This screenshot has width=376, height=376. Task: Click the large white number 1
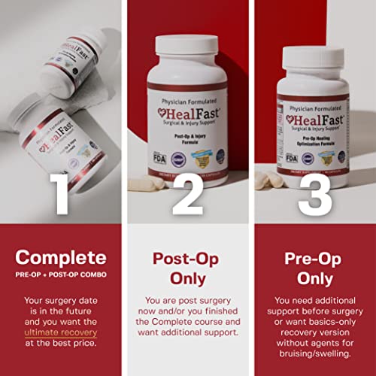click(x=62, y=195)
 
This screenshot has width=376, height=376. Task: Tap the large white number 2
click(x=188, y=195)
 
